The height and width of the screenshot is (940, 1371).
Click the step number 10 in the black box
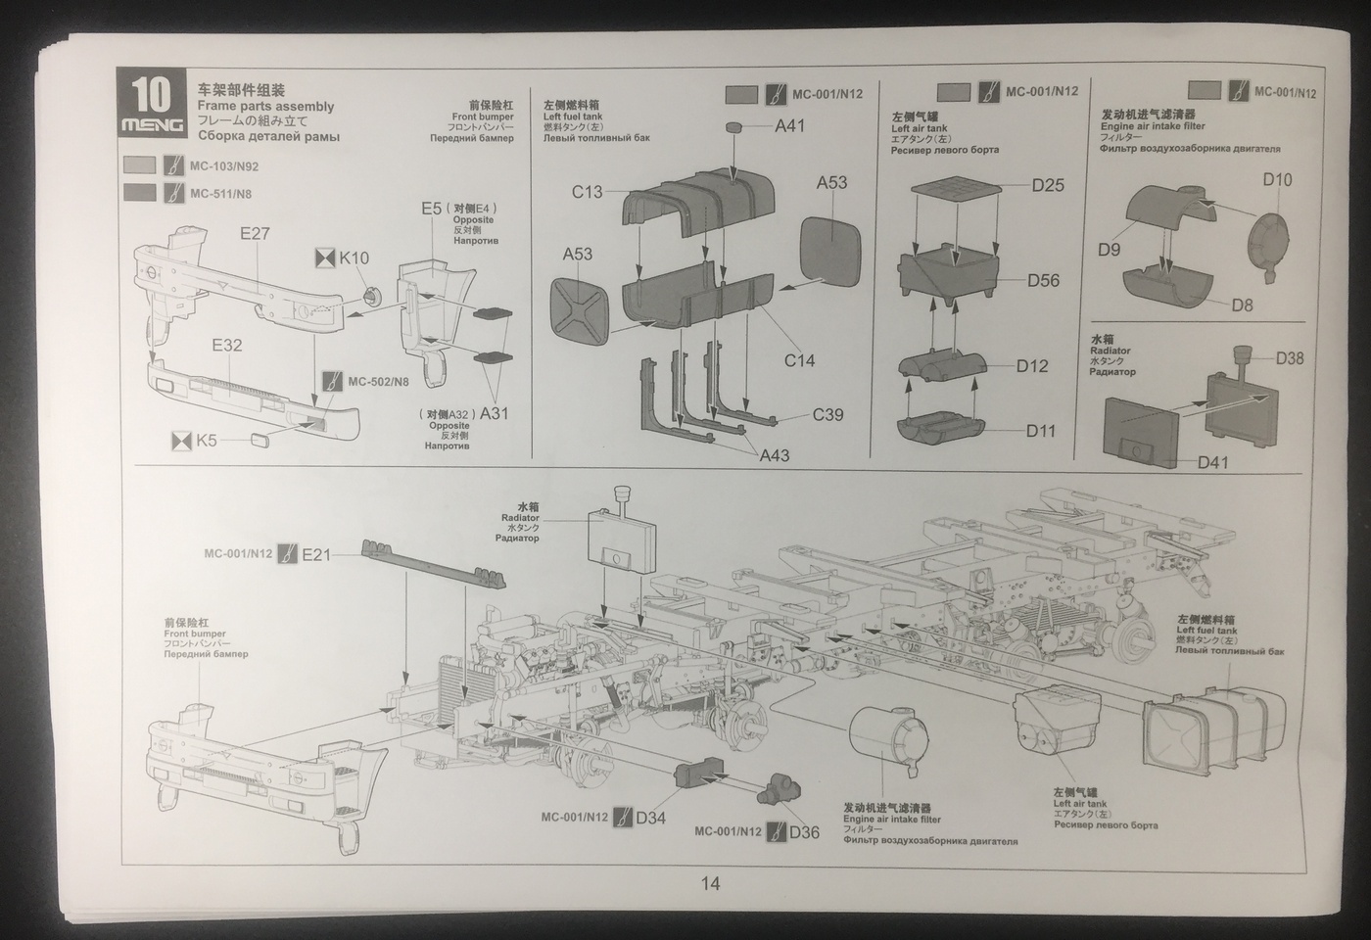point(151,95)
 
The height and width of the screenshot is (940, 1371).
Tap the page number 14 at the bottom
point(710,883)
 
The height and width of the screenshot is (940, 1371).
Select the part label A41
point(789,125)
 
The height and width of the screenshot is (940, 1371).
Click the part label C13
point(588,192)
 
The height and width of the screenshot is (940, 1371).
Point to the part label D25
point(1047,185)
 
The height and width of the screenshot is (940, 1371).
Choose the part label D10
point(1277,179)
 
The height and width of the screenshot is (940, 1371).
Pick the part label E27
point(255,234)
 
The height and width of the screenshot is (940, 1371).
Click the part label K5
point(206,441)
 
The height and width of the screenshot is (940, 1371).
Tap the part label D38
point(1289,358)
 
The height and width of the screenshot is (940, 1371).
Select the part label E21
point(316,555)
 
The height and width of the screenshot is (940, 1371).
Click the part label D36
point(803,832)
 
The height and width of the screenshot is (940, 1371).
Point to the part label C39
point(827,414)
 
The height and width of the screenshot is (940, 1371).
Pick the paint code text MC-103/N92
point(224,165)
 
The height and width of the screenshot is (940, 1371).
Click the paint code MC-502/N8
point(378,381)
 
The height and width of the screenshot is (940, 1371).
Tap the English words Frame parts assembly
point(265,107)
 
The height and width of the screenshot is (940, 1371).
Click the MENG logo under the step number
point(151,125)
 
